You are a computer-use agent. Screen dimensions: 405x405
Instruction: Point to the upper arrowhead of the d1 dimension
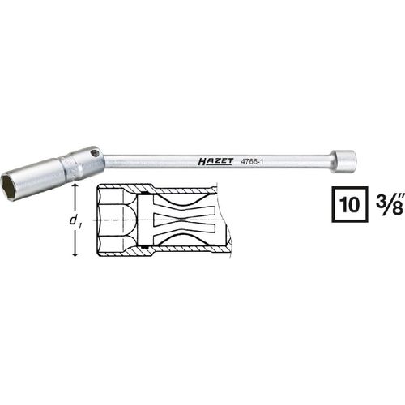click(76, 188)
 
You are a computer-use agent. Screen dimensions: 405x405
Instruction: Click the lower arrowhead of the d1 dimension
click(76, 253)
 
